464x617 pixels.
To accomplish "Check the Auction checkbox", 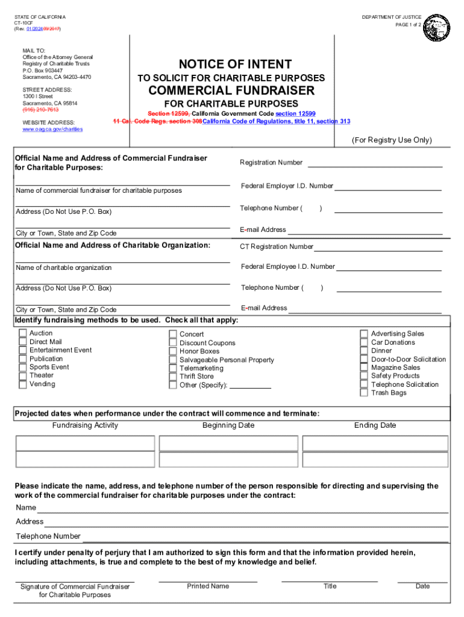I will click(23, 333).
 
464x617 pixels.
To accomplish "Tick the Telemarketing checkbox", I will click(174, 368).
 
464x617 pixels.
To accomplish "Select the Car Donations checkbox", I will click(364, 342).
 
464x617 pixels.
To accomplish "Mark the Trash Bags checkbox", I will click(364, 393).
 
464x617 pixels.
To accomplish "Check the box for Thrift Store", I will click(174, 377).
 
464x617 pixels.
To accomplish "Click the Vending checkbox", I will click(23, 384).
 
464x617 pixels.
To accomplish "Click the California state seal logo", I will click(436, 27).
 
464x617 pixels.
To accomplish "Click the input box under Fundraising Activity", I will click(85, 443).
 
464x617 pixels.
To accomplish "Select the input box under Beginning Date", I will click(228, 443).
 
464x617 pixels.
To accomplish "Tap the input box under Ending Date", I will click(375, 443).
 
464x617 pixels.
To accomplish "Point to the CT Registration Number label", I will click(276, 246).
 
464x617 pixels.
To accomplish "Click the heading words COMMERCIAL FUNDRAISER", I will click(231, 91).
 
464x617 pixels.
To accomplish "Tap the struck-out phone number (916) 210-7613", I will click(40, 110).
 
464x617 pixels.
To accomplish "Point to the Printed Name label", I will click(208, 586).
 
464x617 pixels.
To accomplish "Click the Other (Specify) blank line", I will click(250, 386).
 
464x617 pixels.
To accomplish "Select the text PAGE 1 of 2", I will click(409, 25).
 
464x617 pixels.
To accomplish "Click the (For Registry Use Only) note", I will click(392, 140).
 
